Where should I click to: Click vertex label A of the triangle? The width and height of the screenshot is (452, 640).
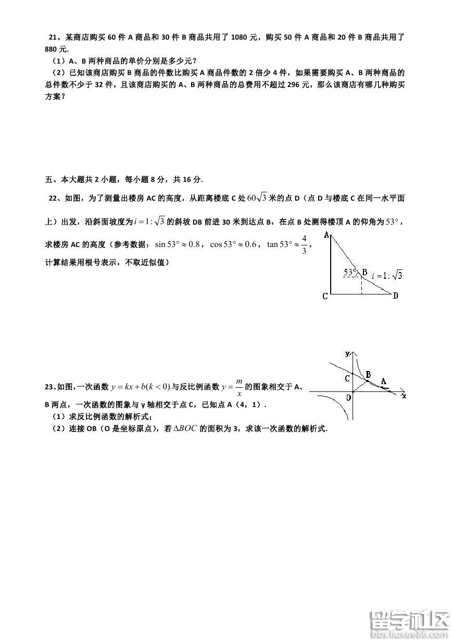[x=327, y=236]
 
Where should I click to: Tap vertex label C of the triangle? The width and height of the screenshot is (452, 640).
[x=325, y=296]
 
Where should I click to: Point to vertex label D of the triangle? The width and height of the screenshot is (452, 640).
[x=396, y=296]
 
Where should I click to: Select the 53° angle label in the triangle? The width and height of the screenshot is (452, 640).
[x=350, y=272]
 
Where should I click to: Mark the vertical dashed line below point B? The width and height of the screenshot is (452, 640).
[x=361, y=286]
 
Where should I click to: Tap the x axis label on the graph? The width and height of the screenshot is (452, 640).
[x=404, y=396]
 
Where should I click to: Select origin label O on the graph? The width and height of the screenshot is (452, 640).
[x=348, y=398]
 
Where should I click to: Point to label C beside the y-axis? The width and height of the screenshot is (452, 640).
[x=347, y=379]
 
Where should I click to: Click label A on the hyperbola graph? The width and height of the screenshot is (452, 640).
[x=384, y=381]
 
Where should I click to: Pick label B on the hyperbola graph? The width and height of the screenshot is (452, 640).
[x=368, y=374]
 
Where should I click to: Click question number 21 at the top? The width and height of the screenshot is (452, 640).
[x=52, y=37]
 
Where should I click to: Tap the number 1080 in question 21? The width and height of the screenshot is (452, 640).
[x=241, y=37]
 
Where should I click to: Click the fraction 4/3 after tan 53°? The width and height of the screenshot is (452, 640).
[x=305, y=243]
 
